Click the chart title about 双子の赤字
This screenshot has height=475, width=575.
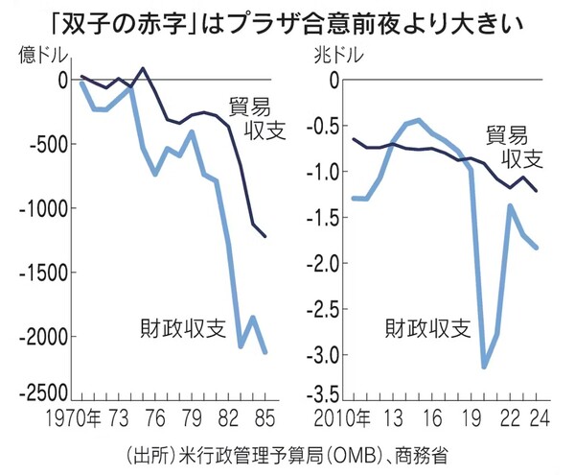pyautogui.click(x=287, y=20)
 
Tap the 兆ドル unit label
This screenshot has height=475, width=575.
pyautogui.click(x=334, y=56)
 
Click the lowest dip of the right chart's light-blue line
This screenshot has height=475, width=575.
pyautogui.click(x=484, y=367)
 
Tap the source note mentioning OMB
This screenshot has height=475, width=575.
pyautogui.click(x=287, y=451)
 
